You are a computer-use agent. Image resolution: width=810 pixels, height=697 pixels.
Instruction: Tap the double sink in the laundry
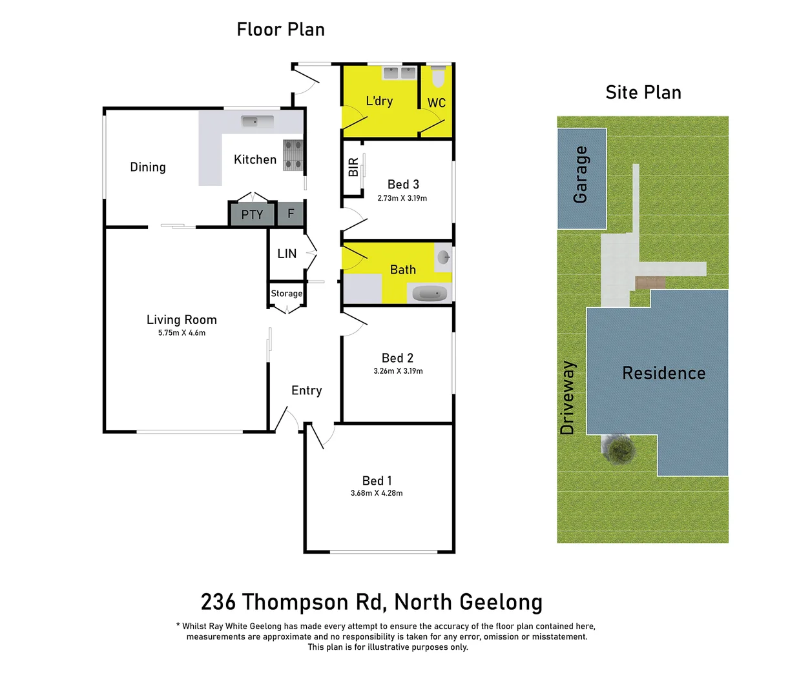tap(399, 73)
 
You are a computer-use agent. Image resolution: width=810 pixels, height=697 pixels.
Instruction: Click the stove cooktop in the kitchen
tap(293, 155)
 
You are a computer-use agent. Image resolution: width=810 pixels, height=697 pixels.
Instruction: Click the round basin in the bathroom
tap(443, 258)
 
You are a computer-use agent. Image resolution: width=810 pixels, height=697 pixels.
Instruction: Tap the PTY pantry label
tap(252, 215)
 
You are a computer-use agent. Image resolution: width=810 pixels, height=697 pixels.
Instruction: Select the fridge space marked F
tap(291, 213)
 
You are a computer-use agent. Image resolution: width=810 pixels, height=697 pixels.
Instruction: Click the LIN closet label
tap(287, 254)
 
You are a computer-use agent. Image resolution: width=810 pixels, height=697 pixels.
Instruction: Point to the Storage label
tap(286, 294)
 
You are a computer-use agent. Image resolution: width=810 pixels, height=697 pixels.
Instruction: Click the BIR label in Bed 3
tap(353, 168)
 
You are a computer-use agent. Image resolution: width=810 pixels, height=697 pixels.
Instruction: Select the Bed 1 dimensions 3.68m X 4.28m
tap(377, 493)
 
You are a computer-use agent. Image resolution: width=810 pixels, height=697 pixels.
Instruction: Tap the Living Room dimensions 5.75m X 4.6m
tap(182, 333)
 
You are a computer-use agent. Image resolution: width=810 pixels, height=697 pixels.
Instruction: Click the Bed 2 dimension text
tap(398, 371)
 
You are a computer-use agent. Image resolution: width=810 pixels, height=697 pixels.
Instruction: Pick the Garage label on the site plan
tap(580, 174)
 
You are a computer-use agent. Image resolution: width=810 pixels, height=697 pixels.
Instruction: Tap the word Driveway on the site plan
tap(567, 398)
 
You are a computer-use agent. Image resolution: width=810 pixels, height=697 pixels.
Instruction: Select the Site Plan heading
tap(643, 93)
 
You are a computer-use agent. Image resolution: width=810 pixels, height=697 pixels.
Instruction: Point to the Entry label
tap(306, 390)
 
